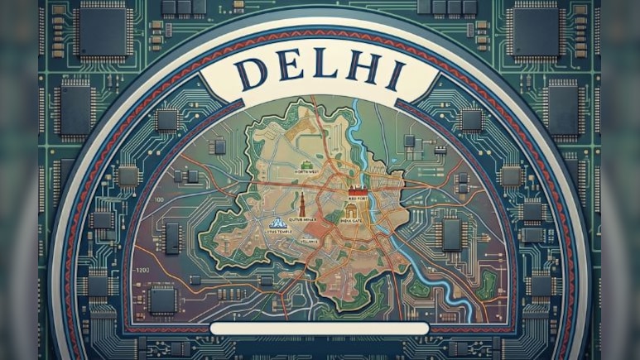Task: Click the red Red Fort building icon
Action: pyautogui.click(x=357, y=190)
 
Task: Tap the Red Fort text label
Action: pyautogui.click(x=358, y=199)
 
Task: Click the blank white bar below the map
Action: pyautogui.click(x=320, y=329)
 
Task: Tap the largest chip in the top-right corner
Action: pyautogui.click(x=537, y=31)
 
